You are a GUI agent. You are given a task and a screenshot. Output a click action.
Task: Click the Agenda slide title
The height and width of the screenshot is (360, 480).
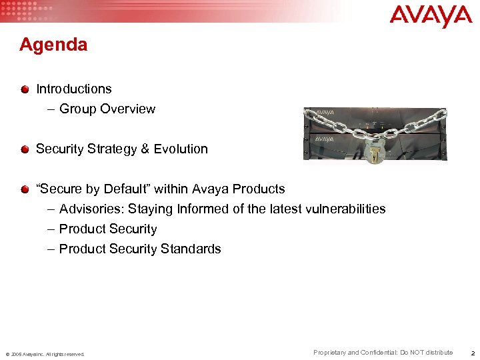point(53,45)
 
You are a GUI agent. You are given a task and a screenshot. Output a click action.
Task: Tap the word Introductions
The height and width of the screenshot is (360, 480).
point(74,89)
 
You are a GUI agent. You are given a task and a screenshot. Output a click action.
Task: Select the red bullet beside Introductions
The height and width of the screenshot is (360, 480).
point(25,89)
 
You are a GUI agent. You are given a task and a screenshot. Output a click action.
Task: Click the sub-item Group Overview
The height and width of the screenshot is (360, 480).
point(107,109)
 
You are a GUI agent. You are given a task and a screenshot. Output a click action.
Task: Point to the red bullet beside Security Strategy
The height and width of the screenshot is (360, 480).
point(25,149)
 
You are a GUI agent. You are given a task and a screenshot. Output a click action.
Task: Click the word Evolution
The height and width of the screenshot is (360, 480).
point(181,149)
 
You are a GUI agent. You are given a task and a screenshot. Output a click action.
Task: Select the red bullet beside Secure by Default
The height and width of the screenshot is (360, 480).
point(25,189)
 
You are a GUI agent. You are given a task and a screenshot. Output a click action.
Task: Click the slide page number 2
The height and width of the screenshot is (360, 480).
point(471,353)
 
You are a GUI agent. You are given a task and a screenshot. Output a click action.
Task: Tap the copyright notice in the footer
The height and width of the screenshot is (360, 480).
point(45,354)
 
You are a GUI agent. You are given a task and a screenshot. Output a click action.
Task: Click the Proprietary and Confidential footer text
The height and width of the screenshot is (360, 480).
point(383,353)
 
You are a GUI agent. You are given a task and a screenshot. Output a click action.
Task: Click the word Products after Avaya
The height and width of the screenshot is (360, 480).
point(259,189)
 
